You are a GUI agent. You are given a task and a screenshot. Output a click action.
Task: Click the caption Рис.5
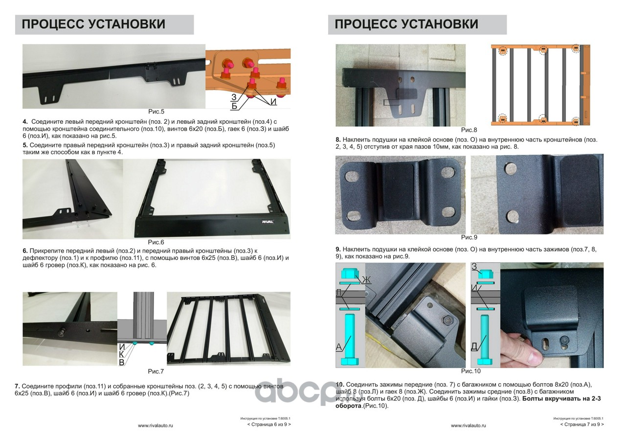pyautogui.click(x=156, y=112)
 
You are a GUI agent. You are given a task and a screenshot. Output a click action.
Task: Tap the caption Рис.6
pyautogui.click(x=156, y=242)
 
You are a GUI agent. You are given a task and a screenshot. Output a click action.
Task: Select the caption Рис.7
pyautogui.click(x=156, y=372)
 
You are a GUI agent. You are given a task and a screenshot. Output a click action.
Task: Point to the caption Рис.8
pyautogui.click(x=469, y=130)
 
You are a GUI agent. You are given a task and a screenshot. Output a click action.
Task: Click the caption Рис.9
pyautogui.click(x=469, y=237)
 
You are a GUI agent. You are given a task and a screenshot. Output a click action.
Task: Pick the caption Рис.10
pyautogui.click(x=470, y=371)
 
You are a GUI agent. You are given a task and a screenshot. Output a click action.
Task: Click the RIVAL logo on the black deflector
pyautogui.click(x=268, y=222)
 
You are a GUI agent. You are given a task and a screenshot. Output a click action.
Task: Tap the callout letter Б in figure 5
pyautogui.click(x=234, y=106)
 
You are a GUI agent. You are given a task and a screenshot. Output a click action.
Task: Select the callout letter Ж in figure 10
pyautogui.click(x=366, y=280)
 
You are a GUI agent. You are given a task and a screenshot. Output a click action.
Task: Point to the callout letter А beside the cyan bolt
pyautogui.click(x=339, y=347)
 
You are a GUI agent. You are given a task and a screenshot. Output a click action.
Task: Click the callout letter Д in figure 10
pyautogui.click(x=474, y=347)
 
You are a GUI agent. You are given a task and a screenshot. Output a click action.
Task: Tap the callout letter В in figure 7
pyautogui.click(x=122, y=363)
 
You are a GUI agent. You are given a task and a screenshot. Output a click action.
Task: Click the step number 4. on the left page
pyautogui.click(x=25, y=122)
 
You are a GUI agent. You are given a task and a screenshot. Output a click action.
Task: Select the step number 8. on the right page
pyautogui.click(x=338, y=140)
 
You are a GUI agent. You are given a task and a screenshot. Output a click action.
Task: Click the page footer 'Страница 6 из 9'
pyautogui.click(x=269, y=424)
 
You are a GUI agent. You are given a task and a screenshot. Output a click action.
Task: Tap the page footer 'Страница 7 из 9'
pyautogui.click(x=582, y=424)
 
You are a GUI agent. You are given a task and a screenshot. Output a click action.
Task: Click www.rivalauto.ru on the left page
pyautogui.click(x=156, y=426)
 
